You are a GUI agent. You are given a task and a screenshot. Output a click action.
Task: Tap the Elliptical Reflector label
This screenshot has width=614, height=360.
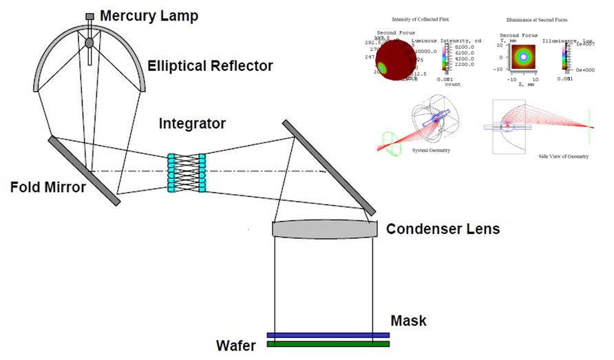coord(210,66)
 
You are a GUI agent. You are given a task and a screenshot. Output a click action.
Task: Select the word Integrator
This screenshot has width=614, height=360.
coord(192,124)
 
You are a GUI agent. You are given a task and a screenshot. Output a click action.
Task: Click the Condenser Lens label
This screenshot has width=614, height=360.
coord(443,229)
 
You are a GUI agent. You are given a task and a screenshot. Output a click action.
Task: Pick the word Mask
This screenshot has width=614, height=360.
coord(408,321)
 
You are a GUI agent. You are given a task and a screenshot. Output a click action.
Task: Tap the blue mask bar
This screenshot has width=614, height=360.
coord(328,335)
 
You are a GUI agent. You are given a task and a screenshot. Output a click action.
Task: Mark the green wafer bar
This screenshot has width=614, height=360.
coord(328,343)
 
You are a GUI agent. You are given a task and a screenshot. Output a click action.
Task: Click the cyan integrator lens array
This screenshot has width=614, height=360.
coord(187,173)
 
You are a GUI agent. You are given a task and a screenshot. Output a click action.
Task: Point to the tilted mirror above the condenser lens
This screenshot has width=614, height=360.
coord(329,167)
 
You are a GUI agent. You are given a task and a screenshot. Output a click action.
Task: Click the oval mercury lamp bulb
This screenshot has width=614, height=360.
coord(89,43)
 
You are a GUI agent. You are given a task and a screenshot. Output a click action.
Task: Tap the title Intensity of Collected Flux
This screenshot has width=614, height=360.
coord(420,19)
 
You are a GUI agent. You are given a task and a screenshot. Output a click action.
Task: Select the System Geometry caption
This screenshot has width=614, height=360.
coord(431,149)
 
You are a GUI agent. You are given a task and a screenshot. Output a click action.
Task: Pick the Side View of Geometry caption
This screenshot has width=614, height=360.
coord(564,156)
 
